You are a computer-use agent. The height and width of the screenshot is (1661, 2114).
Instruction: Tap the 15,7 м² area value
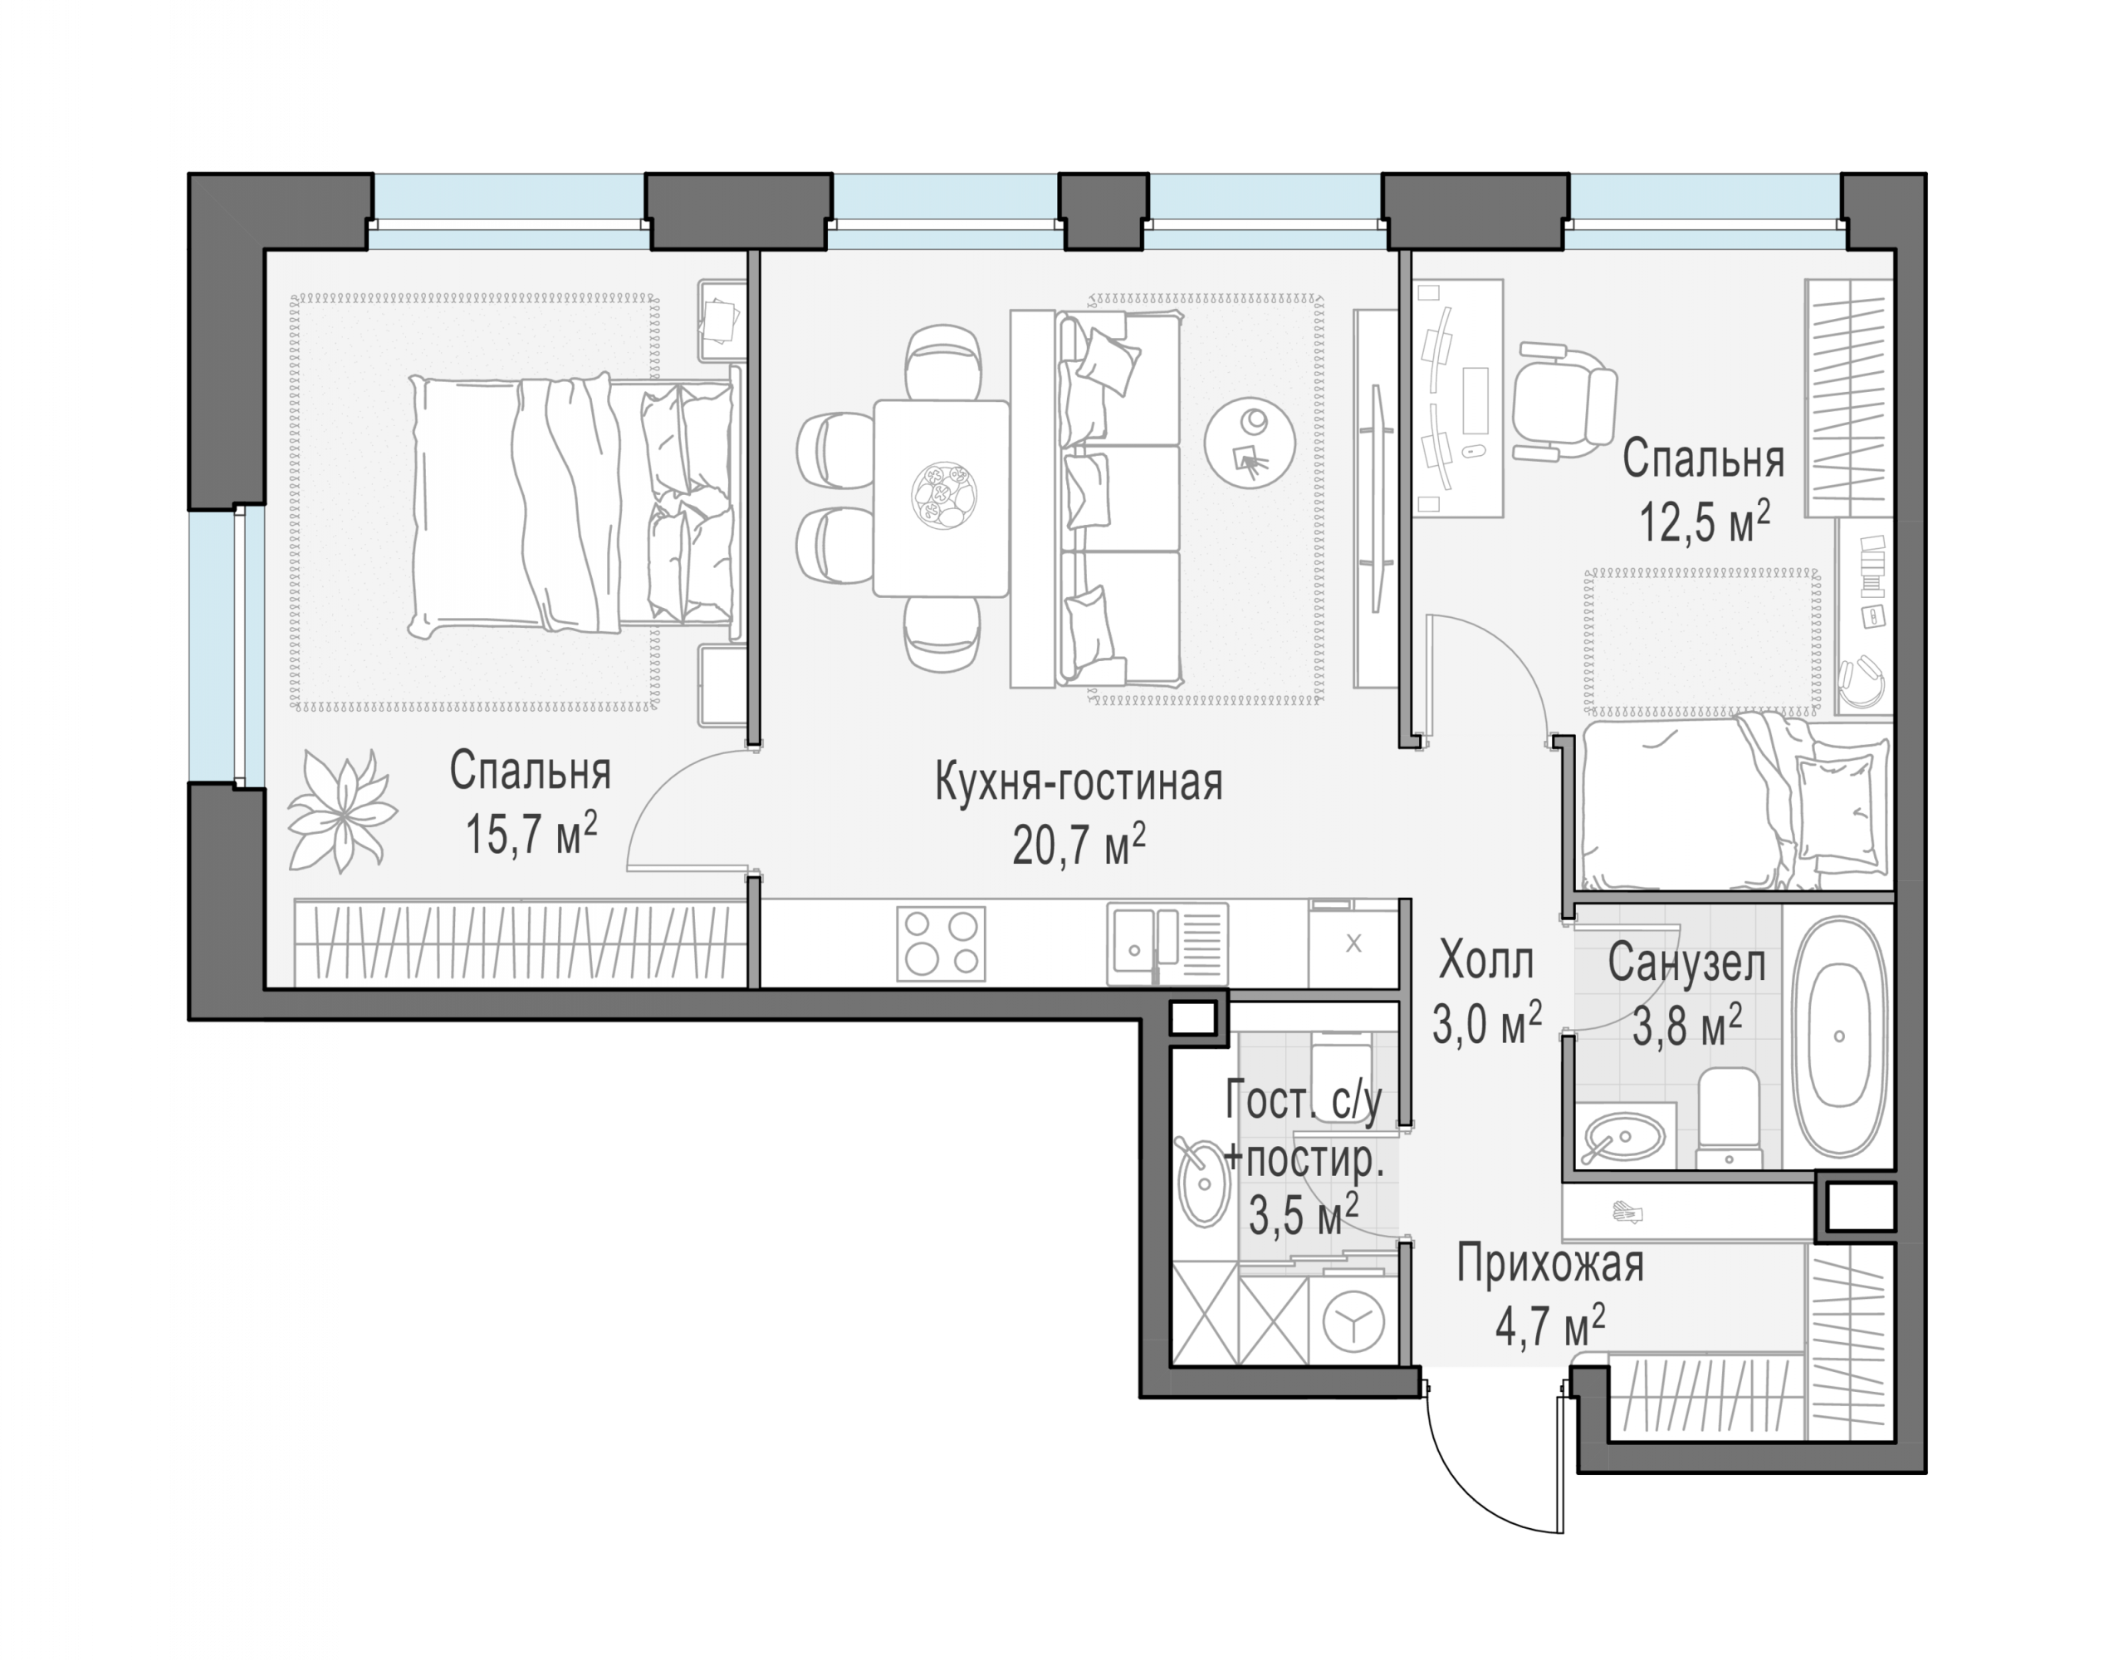[531, 835]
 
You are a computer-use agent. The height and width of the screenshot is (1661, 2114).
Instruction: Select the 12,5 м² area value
[1705, 522]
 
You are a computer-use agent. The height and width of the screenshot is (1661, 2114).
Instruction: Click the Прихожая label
[1550, 1265]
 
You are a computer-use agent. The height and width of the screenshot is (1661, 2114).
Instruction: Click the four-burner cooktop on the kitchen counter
[940, 943]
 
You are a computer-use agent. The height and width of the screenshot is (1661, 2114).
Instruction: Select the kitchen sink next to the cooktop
[1167, 944]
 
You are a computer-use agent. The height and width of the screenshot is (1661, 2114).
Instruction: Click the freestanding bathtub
[1839, 1036]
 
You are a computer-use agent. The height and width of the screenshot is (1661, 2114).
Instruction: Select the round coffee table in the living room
[1250, 443]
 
